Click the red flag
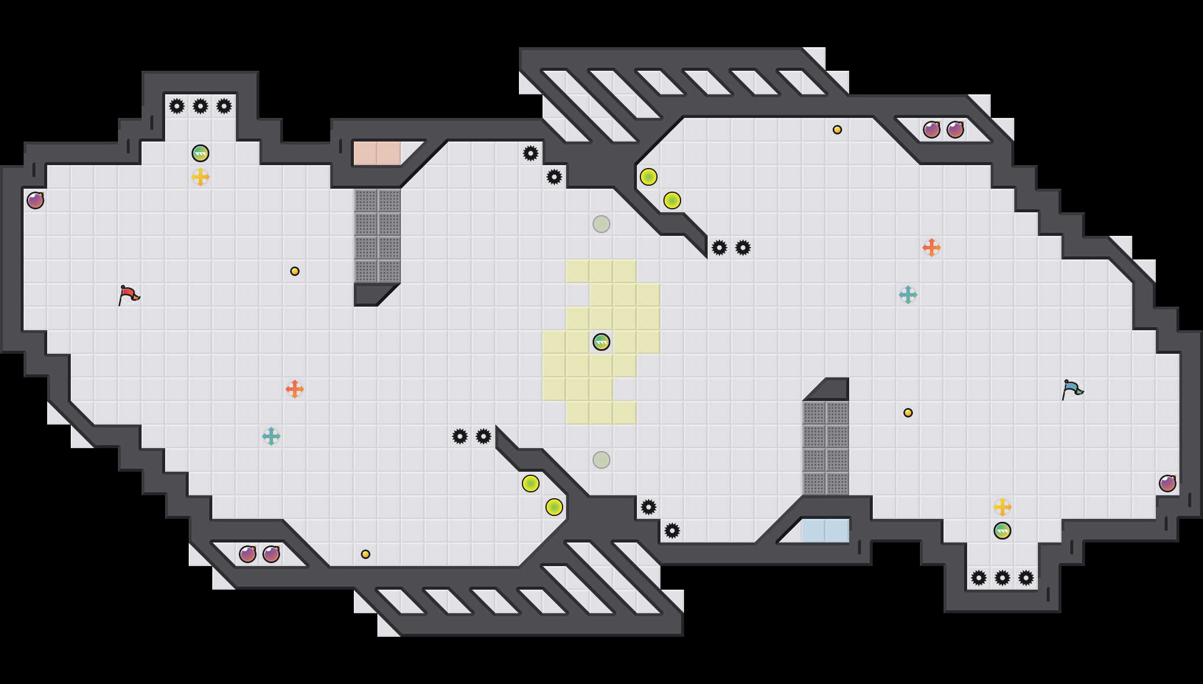(128, 294)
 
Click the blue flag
(1071, 389)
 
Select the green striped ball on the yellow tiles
(601, 342)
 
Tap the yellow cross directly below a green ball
(200, 177)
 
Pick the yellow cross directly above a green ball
(1002, 507)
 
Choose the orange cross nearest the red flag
(295, 389)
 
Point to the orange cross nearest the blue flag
(932, 248)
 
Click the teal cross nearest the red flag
(271, 436)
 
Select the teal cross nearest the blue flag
(908, 295)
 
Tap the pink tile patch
(377, 153)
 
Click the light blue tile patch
(826, 531)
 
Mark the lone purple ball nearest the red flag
(35, 200)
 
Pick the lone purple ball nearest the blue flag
(1168, 484)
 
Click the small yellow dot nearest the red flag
(295, 271)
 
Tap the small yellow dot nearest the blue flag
(908, 413)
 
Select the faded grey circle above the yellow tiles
(601, 224)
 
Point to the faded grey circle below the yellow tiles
(601, 460)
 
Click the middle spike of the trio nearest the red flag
(200, 106)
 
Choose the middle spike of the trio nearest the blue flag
(1002, 578)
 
